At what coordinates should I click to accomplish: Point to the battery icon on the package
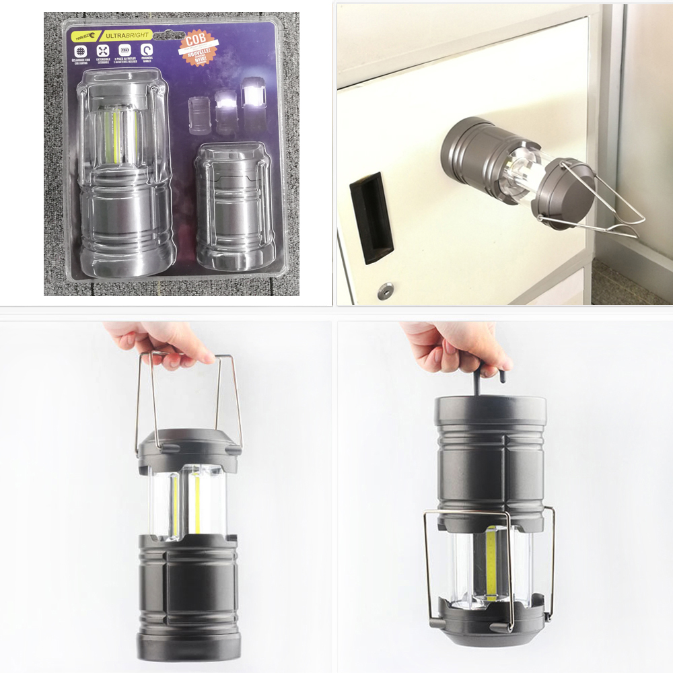tap(125, 50)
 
